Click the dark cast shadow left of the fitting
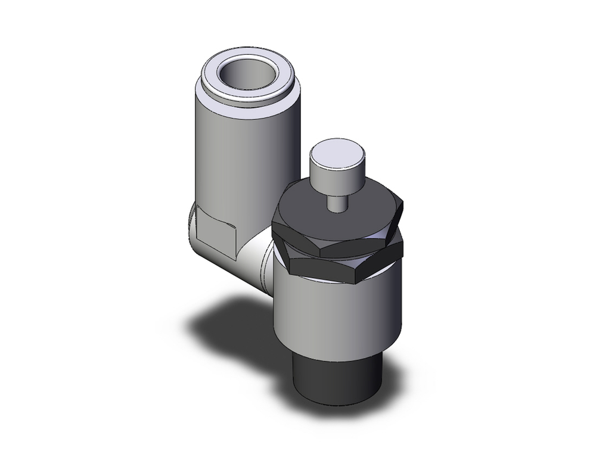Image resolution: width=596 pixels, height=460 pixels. pos(226,322)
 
